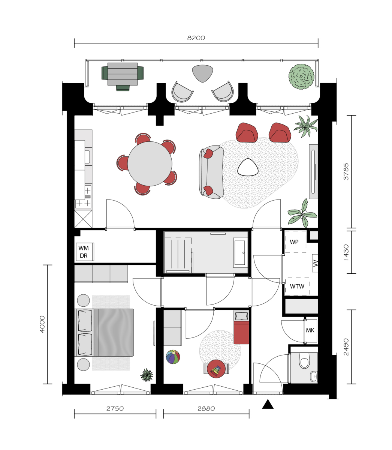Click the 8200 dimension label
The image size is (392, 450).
coord(196,38)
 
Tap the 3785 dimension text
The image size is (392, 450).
coord(346,171)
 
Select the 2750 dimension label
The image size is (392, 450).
coord(115,409)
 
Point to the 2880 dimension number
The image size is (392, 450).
coord(206,409)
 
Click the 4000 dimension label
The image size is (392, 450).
coord(42,324)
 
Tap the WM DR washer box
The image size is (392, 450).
coord(85,252)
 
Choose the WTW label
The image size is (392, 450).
coord(297,286)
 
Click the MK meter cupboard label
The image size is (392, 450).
coord(310,330)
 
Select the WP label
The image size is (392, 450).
coord(294,242)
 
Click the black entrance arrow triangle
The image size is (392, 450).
coord(268,404)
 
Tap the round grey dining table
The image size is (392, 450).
coord(150,163)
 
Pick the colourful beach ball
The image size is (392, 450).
coord(173,357)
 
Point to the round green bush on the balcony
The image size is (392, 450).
coord(301,76)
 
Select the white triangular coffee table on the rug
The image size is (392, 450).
coord(248,167)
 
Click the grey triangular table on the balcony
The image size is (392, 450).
coord(202,73)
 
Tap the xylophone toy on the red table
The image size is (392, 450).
coord(216,370)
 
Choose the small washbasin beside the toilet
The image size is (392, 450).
coord(314,376)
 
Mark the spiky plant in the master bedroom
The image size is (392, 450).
coord(147,375)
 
